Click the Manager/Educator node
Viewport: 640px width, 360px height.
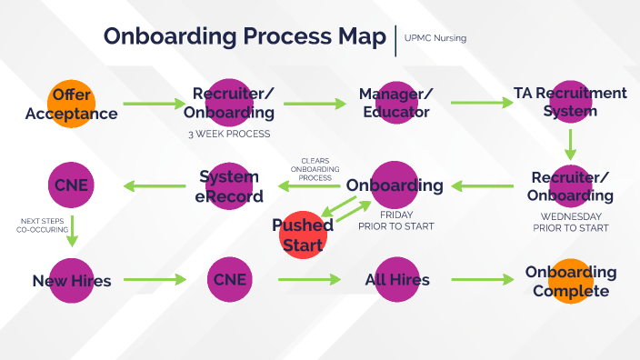tap(395, 103)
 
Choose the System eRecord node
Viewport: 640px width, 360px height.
tap(231, 185)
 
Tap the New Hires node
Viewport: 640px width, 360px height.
tap(71, 280)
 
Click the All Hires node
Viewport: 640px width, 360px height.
tap(395, 280)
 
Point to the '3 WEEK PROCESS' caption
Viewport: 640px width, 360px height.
tap(228, 135)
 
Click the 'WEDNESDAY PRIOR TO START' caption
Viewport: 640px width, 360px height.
tap(571, 222)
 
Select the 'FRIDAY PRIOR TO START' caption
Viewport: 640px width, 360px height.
tap(395, 221)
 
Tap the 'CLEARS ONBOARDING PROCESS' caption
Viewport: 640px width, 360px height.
tap(315, 170)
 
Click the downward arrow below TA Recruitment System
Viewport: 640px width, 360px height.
tap(571, 143)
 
